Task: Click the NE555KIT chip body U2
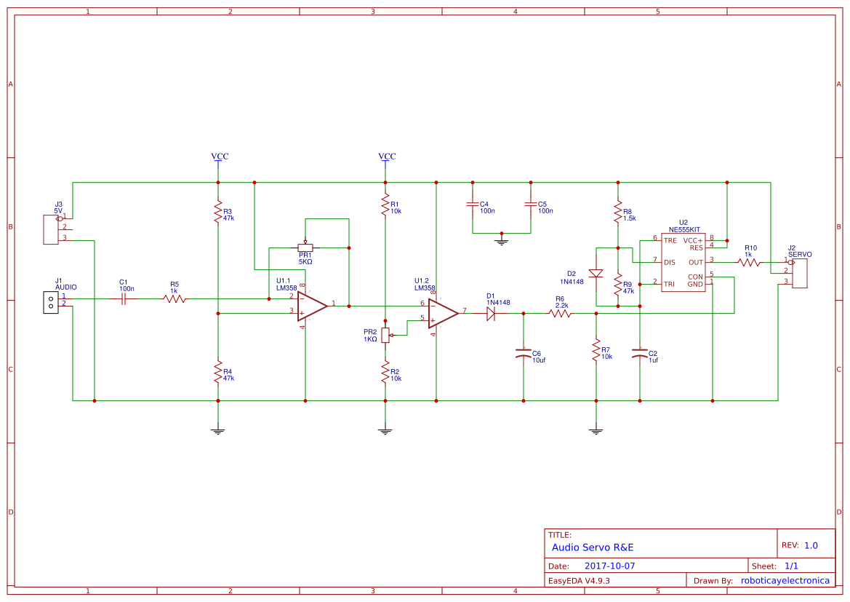[x=683, y=262]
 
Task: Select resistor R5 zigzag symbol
[x=175, y=298]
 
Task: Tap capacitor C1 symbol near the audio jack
[x=124, y=298]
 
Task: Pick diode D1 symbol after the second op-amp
[x=491, y=313]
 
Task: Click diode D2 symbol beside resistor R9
[x=596, y=274]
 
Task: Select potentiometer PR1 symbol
[x=305, y=247]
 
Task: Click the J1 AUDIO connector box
[x=51, y=302]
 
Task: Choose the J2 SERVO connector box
[x=799, y=273]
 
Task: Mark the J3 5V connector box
[x=51, y=229]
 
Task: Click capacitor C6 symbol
[x=523, y=353]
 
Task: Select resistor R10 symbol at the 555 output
[x=749, y=262]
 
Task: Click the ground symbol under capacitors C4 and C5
[x=502, y=240]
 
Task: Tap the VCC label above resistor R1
[x=387, y=157]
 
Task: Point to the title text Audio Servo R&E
[x=593, y=547]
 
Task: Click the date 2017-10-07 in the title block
[x=609, y=566]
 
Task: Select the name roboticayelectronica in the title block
[x=785, y=580]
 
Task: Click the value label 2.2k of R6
[x=561, y=306]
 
